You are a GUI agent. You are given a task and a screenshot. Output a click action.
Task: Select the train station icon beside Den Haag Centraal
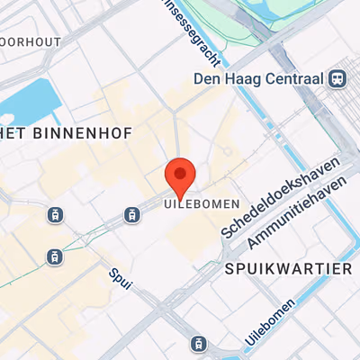338,78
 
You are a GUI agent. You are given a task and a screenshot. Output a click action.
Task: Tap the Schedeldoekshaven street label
280,201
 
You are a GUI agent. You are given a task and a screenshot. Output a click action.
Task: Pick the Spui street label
119,280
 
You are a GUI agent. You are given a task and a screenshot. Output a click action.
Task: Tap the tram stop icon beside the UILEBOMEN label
132,214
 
